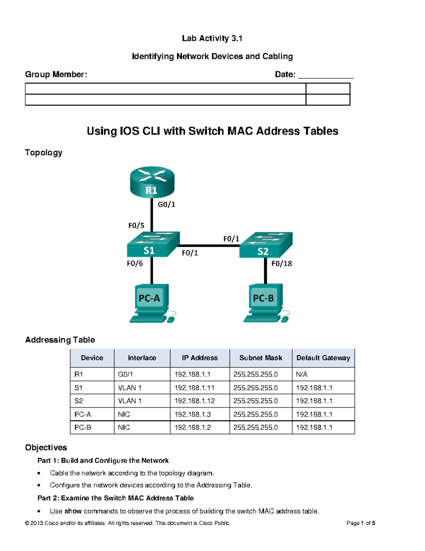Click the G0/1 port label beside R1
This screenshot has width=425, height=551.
pos(166,204)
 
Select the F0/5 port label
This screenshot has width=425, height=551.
pos(136,225)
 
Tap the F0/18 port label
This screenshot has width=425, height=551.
pos(282,264)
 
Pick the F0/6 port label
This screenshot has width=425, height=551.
pos(135,263)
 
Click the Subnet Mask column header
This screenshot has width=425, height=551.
pos(261,358)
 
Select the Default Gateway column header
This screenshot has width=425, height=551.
pos(323,358)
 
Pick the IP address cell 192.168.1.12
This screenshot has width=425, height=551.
pos(194,401)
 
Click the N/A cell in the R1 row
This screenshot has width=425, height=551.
pos(302,374)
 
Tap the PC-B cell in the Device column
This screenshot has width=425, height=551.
pos(83,428)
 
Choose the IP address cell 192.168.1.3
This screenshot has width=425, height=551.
pos(193,414)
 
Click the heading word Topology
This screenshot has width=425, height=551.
pos(44,153)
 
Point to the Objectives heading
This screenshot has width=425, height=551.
pos(46,448)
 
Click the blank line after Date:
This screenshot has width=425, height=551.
pos(326,75)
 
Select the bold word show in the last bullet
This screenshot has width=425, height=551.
pos(73,511)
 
